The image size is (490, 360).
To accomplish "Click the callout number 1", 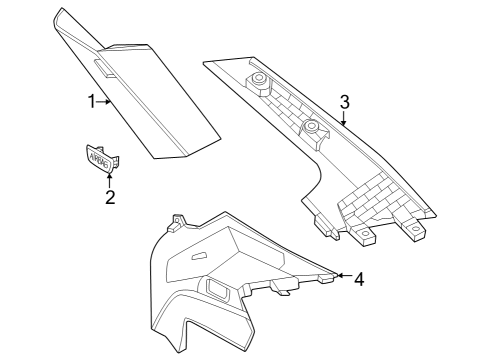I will tap(91, 101).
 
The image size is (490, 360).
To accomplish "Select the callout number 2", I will tap(110, 197).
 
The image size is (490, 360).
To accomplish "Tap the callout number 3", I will tap(344, 102).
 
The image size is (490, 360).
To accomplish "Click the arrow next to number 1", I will tap(104, 101).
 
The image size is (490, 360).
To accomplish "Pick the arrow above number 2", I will tap(109, 178).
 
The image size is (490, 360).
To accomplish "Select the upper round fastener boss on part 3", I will tap(259, 79).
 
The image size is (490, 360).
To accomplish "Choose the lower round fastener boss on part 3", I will tap(311, 127).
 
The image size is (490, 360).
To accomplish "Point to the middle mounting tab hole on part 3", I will tap(367, 238).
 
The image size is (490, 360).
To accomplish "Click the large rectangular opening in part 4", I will tap(219, 290).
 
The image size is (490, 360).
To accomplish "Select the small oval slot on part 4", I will tap(197, 259).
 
